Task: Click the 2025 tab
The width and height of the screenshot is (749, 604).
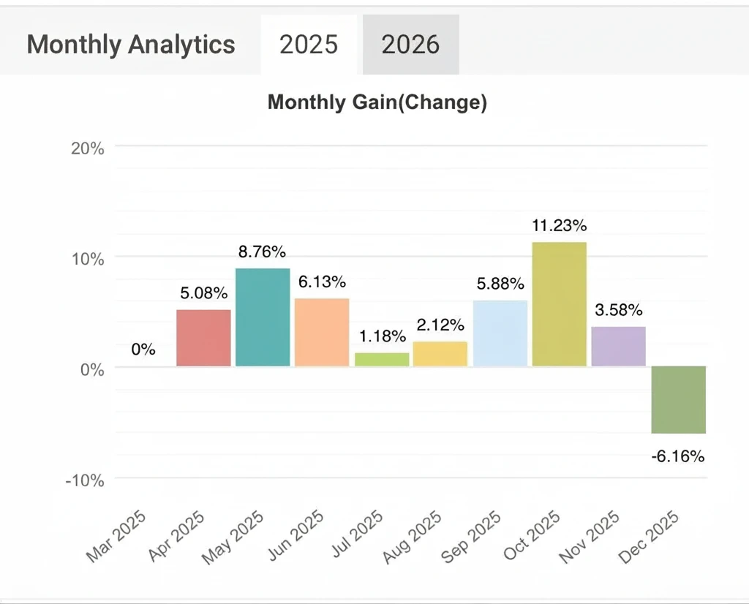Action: pyautogui.click(x=309, y=45)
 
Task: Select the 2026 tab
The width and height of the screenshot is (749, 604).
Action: pyautogui.click(x=410, y=45)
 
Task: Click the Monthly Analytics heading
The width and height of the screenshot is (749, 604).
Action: pyautogui.click(x=131, y=45)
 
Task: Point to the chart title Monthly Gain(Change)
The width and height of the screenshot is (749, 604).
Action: pyautogui.click(x=377, y=102)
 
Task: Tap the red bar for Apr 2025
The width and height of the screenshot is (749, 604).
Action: pyautogui.click(x=204, y=338)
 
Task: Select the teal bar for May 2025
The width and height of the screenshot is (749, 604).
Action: pyautogui.click(x=263, y=317)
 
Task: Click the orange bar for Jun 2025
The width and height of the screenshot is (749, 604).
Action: pyautogui.click(x=322, y=332)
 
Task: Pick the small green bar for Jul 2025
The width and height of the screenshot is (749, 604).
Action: pyautogui.click(x=382, y=359)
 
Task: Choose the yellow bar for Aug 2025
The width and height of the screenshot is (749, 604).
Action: pyautogui.click(x=440, y=354)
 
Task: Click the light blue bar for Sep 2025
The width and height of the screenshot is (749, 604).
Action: pyautogui.click(x=500, y=333)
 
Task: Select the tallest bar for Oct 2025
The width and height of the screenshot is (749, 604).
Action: pyautogui.click(x=560, y=304)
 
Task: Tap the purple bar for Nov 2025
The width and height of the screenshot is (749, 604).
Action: pyautogui.click(x=619, y=346)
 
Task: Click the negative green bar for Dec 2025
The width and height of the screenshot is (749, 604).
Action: pyautogui.click(x=679, y=399)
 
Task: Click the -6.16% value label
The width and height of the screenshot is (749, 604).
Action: pyautogui.click(x=678, y=457)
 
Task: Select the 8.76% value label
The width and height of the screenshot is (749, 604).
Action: pyautogui.click(x=263, y=252)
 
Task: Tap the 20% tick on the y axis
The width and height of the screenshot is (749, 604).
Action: pyautogui.click(x=89, y=148)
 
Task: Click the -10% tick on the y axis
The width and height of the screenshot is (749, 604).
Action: pyautogui.click(x=86, y=480)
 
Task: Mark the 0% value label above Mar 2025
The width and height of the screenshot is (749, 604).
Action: pyautogui.click(x=143, y=350)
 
